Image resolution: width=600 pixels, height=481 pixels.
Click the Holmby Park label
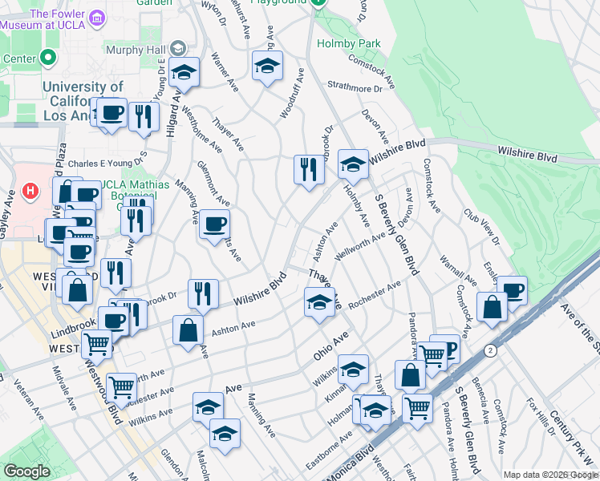click(349, 43)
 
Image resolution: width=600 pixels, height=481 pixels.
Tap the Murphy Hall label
click(136, 49)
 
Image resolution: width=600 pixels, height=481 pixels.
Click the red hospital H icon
click(30, 192)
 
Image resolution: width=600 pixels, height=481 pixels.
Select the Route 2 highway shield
click(489, 350)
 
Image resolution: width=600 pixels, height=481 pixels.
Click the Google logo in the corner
click(27, 471)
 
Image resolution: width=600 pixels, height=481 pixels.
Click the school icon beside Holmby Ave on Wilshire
click(352, 164)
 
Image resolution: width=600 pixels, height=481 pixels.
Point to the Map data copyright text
click(549, 474)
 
